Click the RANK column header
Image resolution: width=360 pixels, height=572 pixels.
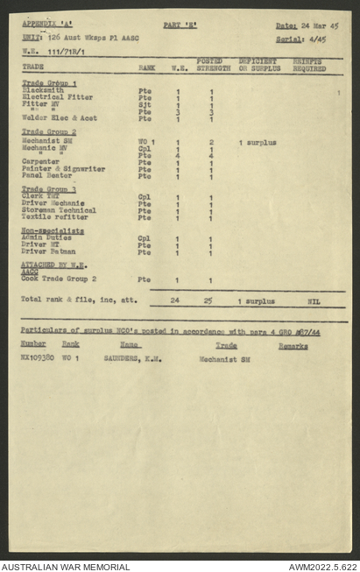point(147,67)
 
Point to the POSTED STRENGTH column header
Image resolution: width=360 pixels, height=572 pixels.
point(213,64)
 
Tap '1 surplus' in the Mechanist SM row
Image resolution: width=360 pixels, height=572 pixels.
point(258,142)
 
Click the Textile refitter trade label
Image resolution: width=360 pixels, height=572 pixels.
point(52,217)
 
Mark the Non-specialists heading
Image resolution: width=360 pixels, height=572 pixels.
point(53,230)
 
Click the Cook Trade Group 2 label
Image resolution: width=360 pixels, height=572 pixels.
point(58,279)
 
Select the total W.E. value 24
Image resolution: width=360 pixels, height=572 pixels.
point(176,300)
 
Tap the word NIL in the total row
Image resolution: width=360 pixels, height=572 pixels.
point(314,301)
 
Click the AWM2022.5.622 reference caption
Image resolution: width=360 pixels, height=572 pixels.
point(321,566)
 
